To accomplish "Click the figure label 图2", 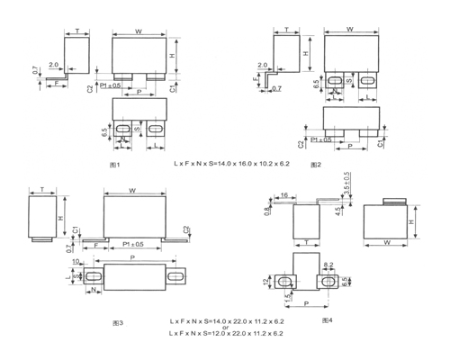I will tap(315, 166).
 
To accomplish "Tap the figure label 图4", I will tap(326, 319).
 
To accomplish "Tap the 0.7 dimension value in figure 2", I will tap(275, 87).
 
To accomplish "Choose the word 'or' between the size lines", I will tap(226, 327).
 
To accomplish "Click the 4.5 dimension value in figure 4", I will tap(337, 212).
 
